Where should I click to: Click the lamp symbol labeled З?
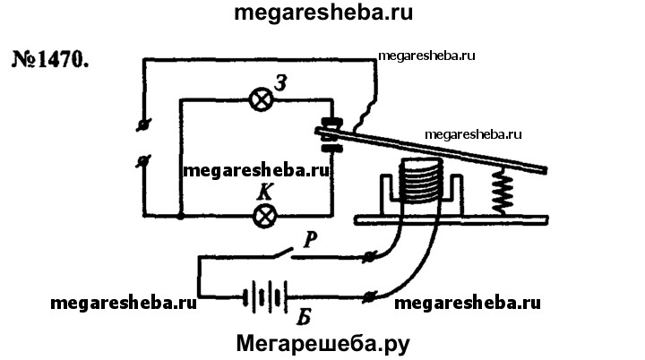[x=263, y=100]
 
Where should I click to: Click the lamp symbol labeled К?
[x=265, y=215]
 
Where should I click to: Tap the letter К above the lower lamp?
[x=265, y=192]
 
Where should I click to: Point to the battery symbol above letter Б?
[x=262, y=296]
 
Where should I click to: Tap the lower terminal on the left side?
[x=142, y=161]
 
